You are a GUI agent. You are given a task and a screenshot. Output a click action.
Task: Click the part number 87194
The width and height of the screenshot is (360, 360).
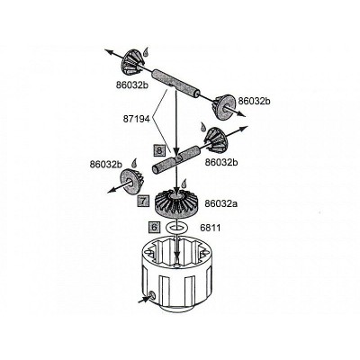point(136,119)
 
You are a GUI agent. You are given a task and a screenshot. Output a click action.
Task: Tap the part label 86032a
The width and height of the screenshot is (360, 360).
point(221,203)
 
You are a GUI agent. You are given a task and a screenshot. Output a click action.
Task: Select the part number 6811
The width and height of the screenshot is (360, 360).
point(211,228)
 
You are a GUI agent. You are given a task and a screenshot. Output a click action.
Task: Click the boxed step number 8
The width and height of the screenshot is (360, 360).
point(159,150)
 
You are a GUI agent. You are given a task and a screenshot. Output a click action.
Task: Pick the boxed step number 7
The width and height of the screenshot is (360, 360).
point(143,201)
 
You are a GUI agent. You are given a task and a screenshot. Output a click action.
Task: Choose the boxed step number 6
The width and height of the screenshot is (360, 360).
point(154,228)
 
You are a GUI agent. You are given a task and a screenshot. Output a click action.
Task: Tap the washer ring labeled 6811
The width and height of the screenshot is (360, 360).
point(177,228)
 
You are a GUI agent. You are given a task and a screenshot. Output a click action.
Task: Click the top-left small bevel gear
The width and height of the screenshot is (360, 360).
point(132,62)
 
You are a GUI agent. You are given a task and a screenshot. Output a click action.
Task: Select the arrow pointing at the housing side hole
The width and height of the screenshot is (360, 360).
point(144,299)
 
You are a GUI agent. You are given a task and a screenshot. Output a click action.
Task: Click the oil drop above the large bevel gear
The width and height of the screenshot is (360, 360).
point(184,183)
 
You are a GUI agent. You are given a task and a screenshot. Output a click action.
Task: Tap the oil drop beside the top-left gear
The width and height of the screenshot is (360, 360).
point(146,51)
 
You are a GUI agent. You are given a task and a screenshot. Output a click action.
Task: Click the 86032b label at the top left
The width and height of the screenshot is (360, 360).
point(132,85)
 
